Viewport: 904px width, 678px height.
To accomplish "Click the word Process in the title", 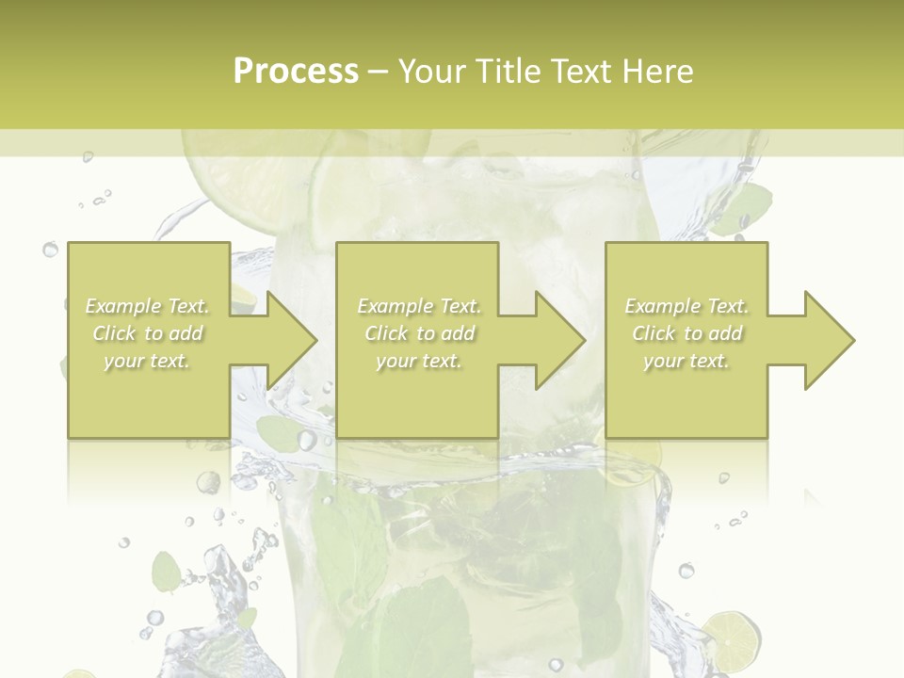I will (x=296, y=72).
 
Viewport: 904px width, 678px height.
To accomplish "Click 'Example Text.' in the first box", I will (x=148, y=306).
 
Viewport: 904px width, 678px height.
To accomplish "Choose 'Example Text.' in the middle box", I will (x=419, y=306).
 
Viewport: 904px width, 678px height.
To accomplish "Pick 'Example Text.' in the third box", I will (x=686, y=306).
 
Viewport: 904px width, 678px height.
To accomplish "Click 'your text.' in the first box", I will (x=147, y=361).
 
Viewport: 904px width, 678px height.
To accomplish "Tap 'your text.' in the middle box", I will (x=418, y=361).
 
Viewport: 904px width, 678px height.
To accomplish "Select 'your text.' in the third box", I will (x=686, y=361).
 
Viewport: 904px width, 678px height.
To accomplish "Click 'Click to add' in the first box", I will (x=148, y=333).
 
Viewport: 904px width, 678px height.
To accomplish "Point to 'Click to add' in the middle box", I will (x=419, y=333).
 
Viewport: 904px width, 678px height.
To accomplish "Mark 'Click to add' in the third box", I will (x=686, y=333).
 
